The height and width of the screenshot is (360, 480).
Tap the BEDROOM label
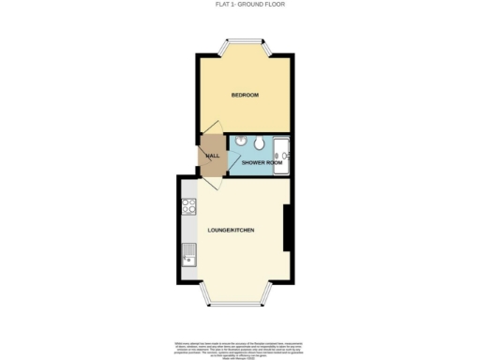coord(245,96)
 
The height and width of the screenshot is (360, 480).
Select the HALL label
coord(212,156)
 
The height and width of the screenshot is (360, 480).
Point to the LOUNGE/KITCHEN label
coord(232,230)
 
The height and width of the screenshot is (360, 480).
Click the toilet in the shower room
coord(257,142)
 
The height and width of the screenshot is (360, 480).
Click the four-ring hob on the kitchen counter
coord(187,207)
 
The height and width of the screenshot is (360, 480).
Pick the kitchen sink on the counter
coord(187,252)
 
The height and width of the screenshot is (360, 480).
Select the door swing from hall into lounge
coord(208,182)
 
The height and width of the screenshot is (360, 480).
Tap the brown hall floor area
coord(213,161)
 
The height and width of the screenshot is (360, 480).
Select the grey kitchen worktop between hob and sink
coord(187,229)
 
